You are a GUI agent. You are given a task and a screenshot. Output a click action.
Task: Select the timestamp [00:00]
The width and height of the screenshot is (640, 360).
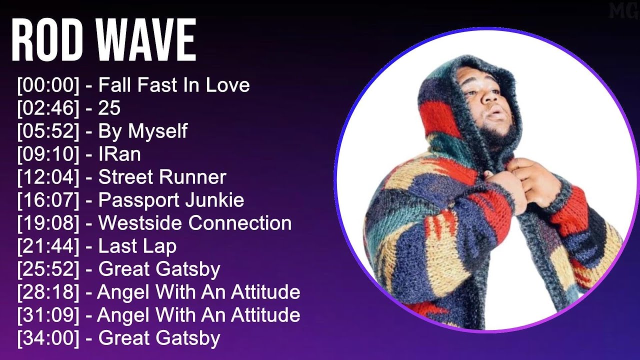[48, 85]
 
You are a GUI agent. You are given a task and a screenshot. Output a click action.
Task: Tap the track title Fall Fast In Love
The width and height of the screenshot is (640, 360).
[174, 85]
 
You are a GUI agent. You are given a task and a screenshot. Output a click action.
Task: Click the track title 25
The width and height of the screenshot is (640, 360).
[109, 108]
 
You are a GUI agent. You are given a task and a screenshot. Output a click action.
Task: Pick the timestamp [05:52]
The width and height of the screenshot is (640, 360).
[48, 131]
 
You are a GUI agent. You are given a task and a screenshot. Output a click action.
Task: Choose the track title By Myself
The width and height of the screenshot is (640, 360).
[142, 131]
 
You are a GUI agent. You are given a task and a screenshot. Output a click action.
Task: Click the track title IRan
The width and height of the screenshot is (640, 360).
[119, 154]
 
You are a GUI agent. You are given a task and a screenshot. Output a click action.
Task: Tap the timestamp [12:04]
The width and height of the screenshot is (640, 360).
[48, 177]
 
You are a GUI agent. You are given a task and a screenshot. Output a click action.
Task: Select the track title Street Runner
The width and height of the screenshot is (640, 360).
[162, 177]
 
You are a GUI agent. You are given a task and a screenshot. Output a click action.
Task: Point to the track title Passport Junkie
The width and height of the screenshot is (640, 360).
[171, 200]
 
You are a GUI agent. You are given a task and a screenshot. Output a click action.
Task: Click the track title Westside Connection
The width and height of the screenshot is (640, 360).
[195, 223]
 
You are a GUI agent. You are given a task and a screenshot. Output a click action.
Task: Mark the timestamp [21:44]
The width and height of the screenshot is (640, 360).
[48, 246]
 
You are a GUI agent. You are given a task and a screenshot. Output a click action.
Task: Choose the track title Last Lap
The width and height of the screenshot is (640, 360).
[137, 246]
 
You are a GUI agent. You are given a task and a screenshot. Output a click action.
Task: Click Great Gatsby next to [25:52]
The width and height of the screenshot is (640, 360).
[159, 269]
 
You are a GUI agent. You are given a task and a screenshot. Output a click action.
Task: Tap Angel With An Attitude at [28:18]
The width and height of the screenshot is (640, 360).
[198, 292]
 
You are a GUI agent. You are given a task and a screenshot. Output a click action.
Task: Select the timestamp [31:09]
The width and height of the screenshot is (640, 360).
[48, 315]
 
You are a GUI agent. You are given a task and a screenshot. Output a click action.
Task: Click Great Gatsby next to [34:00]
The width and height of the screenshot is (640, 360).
[159, 338]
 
